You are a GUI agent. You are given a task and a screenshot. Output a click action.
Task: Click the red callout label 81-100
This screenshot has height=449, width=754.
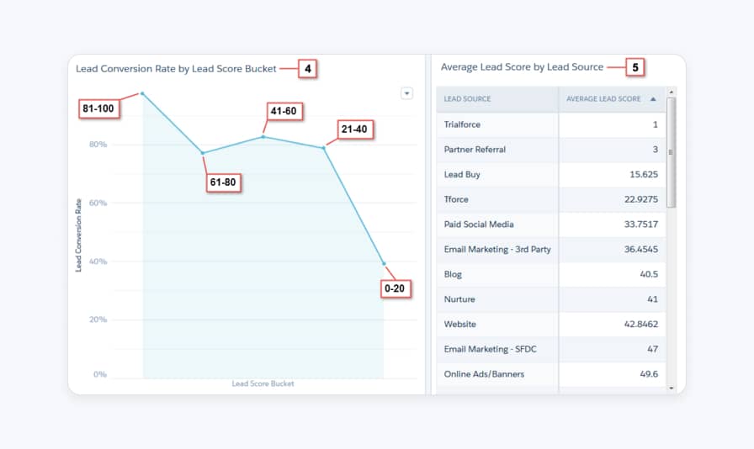pyautogui.click(x=99, y=108)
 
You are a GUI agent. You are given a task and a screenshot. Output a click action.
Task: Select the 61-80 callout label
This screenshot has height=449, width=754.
pyautogui.click(x=225, y=182)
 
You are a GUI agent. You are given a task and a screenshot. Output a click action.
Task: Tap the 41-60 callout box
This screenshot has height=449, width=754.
pyautogui.click(x=284, y=111)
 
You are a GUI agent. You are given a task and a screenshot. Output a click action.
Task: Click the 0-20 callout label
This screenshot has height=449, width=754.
pyautogui.click(x=395, y=289)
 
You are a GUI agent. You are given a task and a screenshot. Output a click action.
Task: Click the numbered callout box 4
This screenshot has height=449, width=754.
pyautogui.click(x=308, y=68)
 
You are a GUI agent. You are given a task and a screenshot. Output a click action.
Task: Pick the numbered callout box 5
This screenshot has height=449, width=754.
pyautogui.click(x=635, y=67)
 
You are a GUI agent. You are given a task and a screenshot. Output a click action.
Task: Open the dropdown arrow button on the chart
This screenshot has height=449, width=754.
pyautogui.click(x=406, y=93)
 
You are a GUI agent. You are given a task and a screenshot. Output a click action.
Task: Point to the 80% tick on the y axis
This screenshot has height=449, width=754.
pyautogui.click(x=98, y=145)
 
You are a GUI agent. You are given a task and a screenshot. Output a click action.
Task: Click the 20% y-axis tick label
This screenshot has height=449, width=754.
pyautogui.click(x=98, y=320)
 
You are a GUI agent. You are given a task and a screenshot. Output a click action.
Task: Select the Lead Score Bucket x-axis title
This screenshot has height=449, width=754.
pyautogui.click(x=263, y=384)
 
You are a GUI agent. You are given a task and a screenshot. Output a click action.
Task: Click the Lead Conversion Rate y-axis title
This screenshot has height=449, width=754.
pyautogui.click(x=78, y=235)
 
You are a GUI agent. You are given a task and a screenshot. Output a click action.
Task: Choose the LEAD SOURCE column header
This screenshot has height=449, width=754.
pyautogui.click(x=467, y=99)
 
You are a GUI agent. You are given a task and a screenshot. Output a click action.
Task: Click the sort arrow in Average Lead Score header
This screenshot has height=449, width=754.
pyautogui.click(x=653, y=99)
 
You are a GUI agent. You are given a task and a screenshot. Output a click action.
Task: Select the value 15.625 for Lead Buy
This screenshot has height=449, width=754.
pyautogui.click(x=643, y=175)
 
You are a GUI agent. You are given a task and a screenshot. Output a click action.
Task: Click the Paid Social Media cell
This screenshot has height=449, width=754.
pyautogui.click(x=478, y=225)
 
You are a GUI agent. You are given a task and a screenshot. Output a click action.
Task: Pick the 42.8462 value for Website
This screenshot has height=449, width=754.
pyautogui.click(x=640, y=324)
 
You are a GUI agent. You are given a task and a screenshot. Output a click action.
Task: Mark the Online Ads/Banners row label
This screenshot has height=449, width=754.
pyautogui.click(x=484, y=374)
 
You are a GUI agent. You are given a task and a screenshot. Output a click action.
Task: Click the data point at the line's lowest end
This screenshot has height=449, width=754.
pyautogui.click(x=384, y=264)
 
